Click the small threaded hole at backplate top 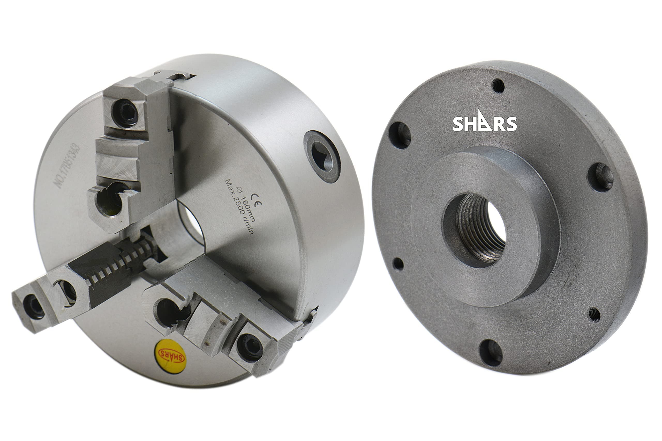click(499, 86)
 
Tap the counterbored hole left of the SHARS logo click(400, 135)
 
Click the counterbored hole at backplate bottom click(491, 353)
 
